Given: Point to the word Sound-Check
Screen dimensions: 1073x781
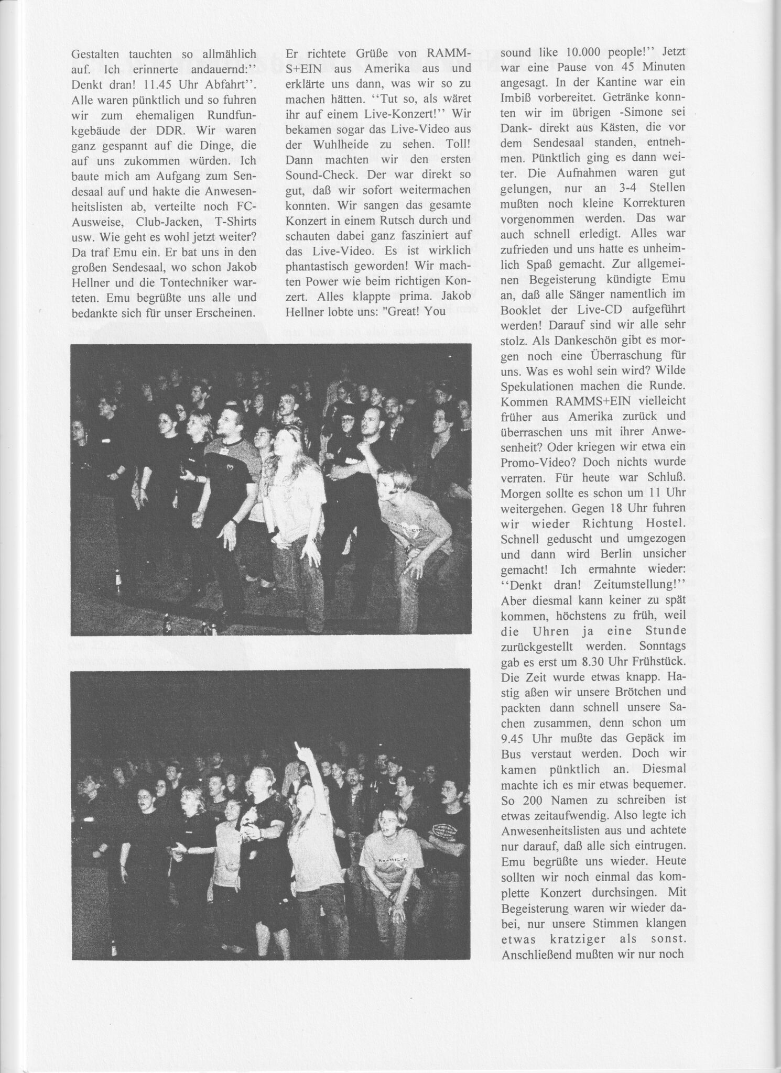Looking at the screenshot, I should [x=316, y=173].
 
